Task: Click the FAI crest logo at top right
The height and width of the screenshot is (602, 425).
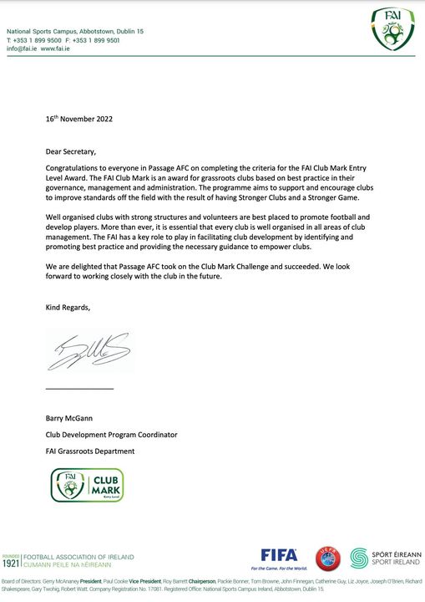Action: coord(392,30)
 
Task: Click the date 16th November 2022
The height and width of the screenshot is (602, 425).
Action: coord(78,119)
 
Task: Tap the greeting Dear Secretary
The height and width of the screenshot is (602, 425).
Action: coord(71,151)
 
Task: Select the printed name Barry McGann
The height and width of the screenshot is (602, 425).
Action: coord(72,417)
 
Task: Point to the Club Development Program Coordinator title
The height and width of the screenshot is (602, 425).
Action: coord(111,434)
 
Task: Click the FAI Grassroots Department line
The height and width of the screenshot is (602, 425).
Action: coord(90,451)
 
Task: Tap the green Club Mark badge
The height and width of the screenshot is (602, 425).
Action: coord(87,485)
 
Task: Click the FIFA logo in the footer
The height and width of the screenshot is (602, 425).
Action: coord(279,554)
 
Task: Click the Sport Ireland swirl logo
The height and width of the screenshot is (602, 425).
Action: coord(360,559)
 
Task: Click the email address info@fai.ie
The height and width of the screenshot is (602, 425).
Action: coord(21,48)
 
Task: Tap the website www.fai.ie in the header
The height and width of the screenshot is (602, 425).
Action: coord(55,48)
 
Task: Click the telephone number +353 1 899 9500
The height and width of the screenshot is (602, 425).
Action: coord(37,39)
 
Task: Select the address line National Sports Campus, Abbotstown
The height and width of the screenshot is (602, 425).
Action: coord(75,31)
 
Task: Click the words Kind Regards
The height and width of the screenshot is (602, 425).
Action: coord(68,308)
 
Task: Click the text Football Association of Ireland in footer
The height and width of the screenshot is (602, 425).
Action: coord(78,557)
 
